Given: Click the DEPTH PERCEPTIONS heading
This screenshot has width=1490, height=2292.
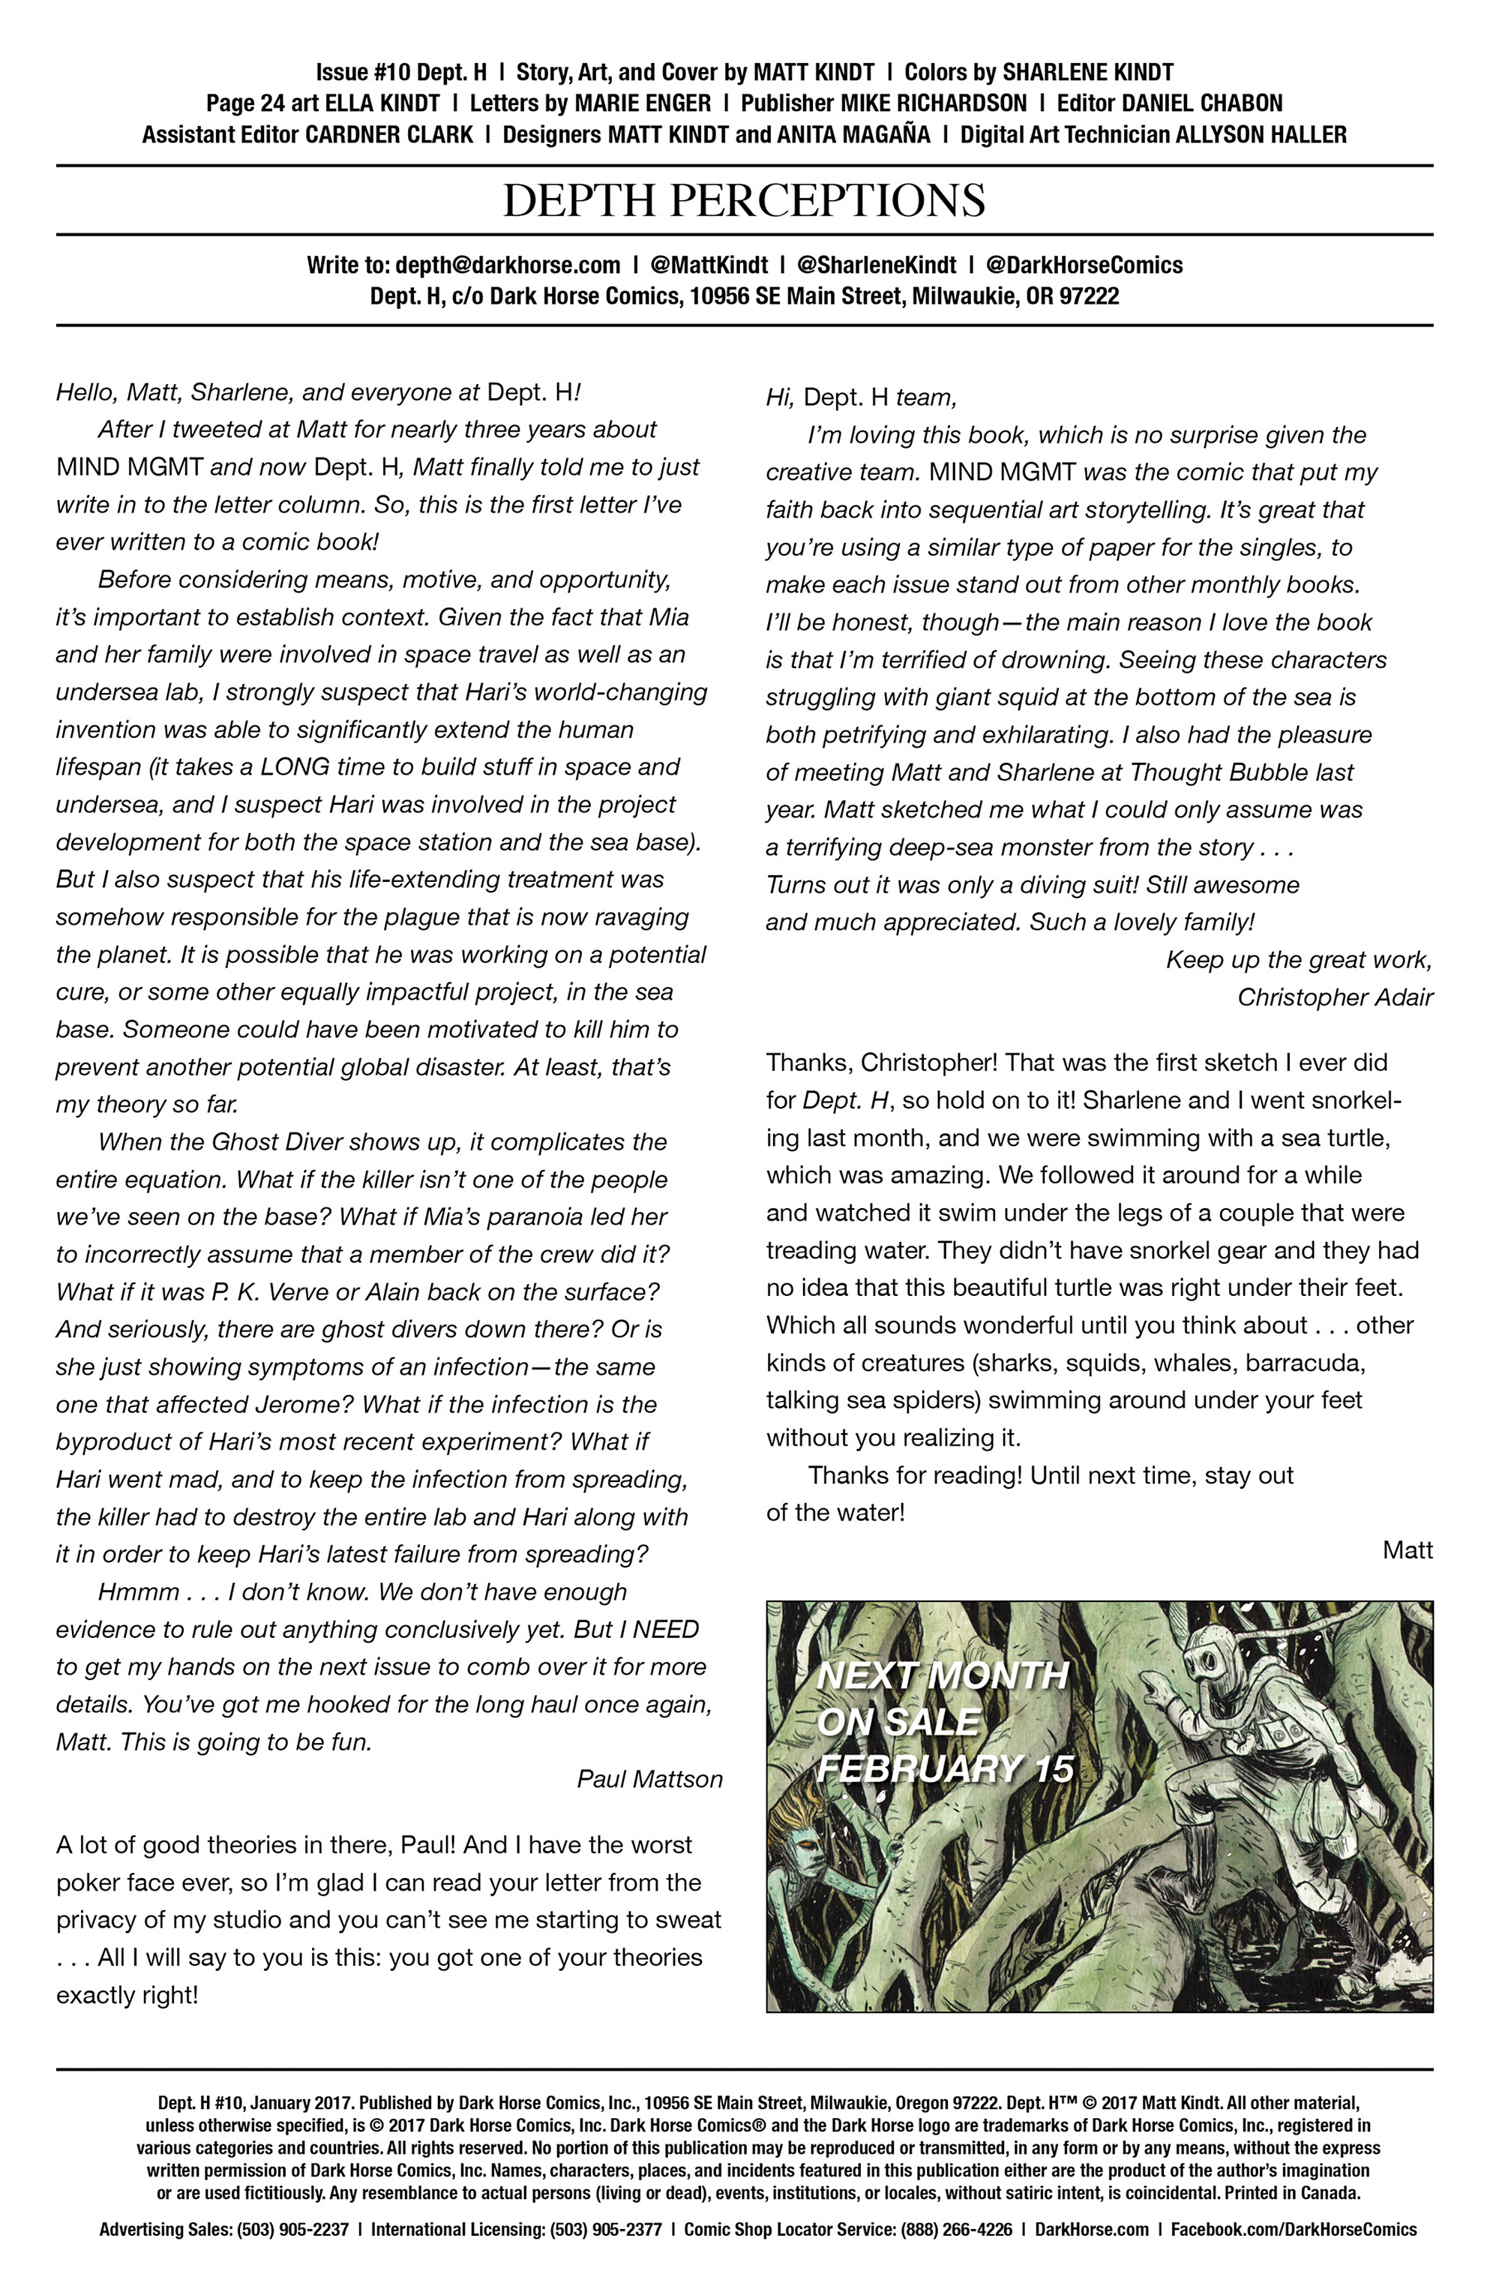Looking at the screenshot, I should [x=744, y=200].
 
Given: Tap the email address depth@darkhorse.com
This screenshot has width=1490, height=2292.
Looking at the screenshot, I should [x=508, y=265].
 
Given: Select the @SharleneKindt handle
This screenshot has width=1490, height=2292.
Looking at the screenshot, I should [x=877, y=265].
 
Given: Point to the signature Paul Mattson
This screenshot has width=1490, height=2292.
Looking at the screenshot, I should [x=649, y=1779].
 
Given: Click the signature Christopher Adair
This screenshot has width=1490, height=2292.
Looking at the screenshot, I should [x=1335, y=997].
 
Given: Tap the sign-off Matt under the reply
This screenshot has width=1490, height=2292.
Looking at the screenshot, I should [x=1408, y=1549].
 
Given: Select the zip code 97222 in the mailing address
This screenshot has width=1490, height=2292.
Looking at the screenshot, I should [x=1088, y=295].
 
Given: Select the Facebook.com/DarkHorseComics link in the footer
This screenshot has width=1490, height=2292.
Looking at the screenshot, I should [x=1294, y=2230].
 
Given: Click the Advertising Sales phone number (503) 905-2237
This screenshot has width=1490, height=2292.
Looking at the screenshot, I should [x=292, y=2230].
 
